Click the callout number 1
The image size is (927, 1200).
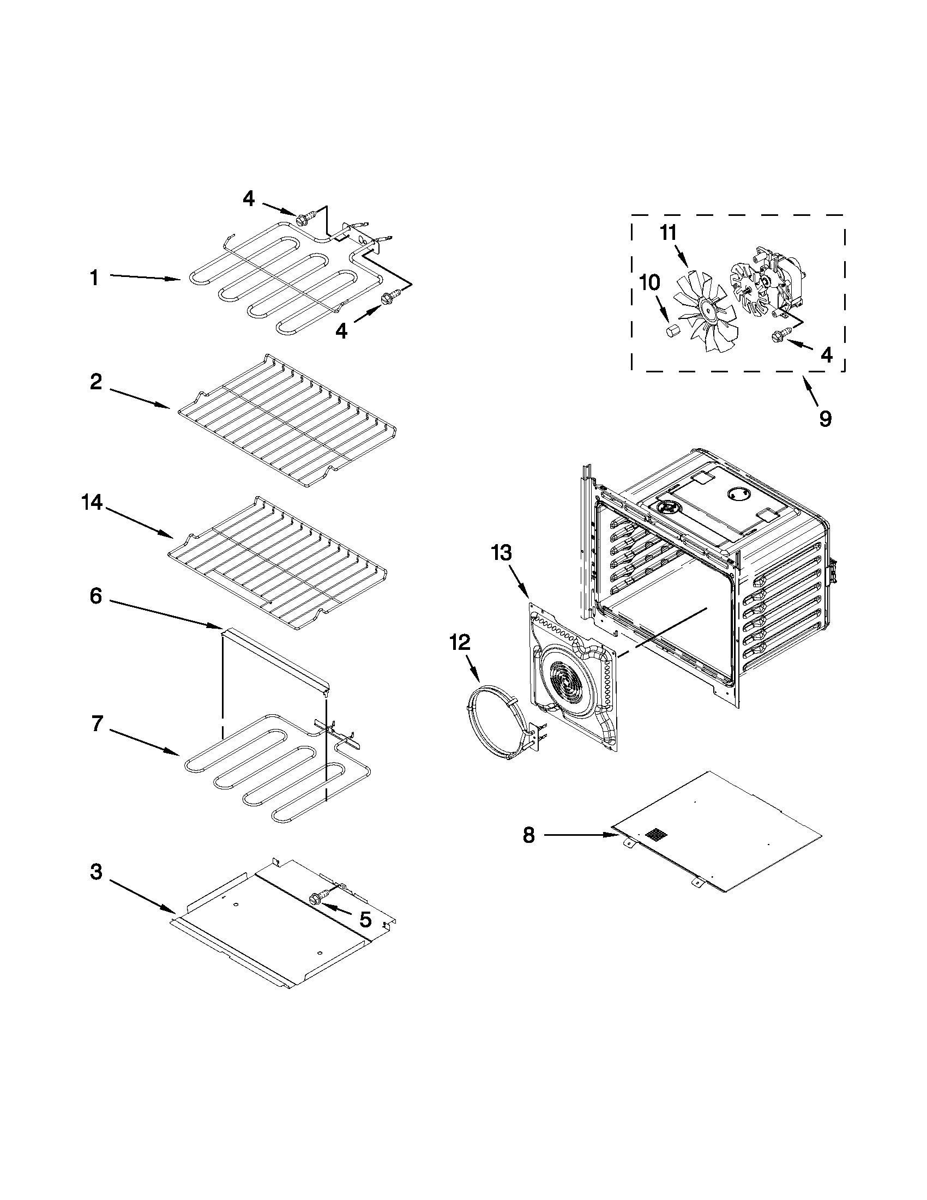pyautogui.click(x=94, y=278)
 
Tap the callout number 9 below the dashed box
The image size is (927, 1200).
pyautogui.click(x=826, y=419)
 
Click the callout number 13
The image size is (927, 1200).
pyautogui.click(x=501, y=553)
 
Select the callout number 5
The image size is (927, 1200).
pyautogui.click(x=365, y=919)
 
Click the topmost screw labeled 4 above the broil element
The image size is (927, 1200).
pyautogui.click(x=304, y=219)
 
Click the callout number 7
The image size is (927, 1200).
pyautogui.click(x=97, y=724)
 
